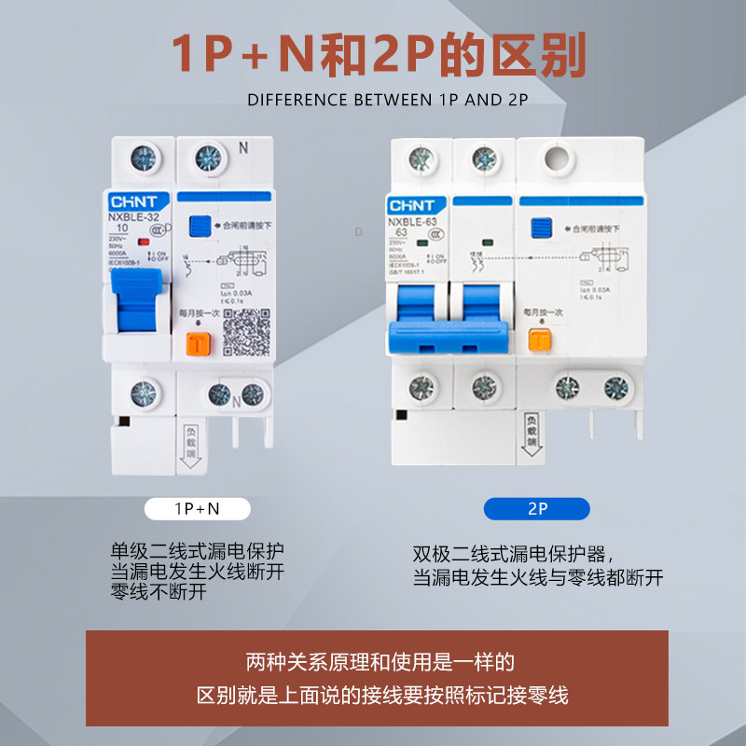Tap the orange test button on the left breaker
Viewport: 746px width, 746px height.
click(197, 344)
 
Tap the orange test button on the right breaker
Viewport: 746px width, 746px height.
click(537, 341)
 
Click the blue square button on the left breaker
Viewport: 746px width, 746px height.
click(199, 227)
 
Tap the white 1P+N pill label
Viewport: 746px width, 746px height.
click(197, 508)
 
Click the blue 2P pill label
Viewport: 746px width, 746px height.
click(536, 508)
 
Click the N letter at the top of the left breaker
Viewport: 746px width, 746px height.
click(243, 147)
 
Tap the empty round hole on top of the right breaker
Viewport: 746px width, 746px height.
click(559, 158)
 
